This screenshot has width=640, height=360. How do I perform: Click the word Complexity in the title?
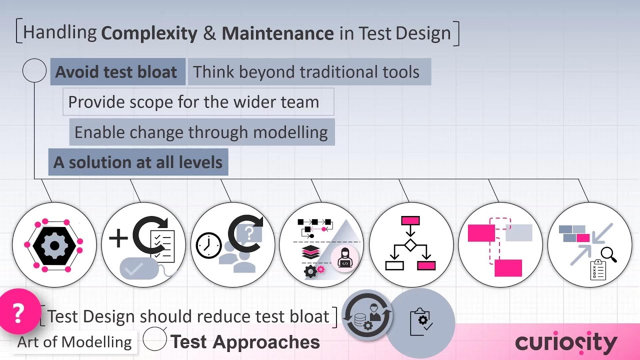click(x=149, y=33)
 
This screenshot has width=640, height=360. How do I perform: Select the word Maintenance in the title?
click(x=277, y=33)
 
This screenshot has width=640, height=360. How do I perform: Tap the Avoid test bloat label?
click(x=116, y=72)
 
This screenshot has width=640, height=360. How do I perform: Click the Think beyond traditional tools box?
click(x=306, y=72)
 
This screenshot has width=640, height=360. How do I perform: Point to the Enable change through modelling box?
click(x=201, y=132)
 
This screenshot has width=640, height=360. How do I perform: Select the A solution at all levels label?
click(x=138, y=162)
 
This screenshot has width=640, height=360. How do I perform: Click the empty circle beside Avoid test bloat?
click(x=34, y=71)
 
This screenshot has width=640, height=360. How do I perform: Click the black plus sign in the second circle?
click(x=118, y=239)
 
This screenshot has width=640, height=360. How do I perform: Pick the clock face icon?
click(x=208, y=245)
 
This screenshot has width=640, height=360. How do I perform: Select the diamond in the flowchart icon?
click(x=410, y=245)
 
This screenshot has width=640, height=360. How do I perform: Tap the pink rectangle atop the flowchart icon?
click(x=410, y=220)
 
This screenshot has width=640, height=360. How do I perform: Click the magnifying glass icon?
click(x=608, y=254)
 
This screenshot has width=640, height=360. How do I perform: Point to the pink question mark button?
click(x=18, y=313)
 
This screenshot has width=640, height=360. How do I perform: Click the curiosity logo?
click(x=566, y=342)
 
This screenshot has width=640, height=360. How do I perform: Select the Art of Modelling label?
click(x=74, y=342)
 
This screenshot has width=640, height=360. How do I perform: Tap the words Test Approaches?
click(x=245, y=342)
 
